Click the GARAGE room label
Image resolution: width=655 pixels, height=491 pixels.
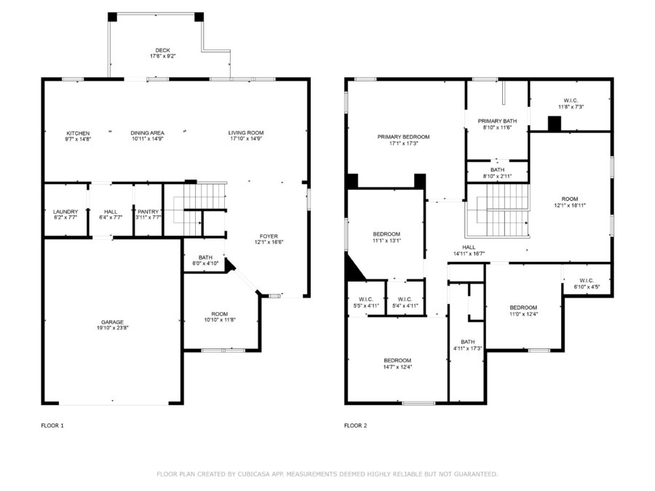click(112, 322)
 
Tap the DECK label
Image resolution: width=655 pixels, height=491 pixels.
click(162, 50)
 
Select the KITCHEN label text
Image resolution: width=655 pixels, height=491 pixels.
click(78, 133)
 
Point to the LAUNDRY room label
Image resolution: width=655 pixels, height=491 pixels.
click(65, 212)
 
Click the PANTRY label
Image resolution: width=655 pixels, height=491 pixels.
click(148, 212)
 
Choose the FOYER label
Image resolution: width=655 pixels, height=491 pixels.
click(269, 236)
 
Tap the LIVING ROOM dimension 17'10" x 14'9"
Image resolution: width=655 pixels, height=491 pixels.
click(246, 139)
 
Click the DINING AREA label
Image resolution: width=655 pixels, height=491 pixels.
click(148, 133)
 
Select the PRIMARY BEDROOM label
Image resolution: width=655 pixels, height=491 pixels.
click(403, 137)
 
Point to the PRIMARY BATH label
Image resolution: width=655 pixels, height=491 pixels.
click(498, 121)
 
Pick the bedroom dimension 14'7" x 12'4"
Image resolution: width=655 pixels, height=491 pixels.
click(397, 367)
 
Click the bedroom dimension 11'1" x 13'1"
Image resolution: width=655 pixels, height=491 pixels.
click(387, 241)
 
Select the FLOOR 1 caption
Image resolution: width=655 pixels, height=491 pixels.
click(52, 426)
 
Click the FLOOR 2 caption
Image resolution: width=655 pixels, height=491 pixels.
click(355, 426)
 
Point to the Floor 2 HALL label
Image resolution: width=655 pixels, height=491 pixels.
click(469, 247)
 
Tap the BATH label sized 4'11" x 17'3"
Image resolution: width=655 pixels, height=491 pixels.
click(468, 342)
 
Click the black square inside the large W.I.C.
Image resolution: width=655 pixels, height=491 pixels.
click(555, 124)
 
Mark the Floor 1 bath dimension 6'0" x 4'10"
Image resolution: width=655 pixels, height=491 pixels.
click(205, 263)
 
